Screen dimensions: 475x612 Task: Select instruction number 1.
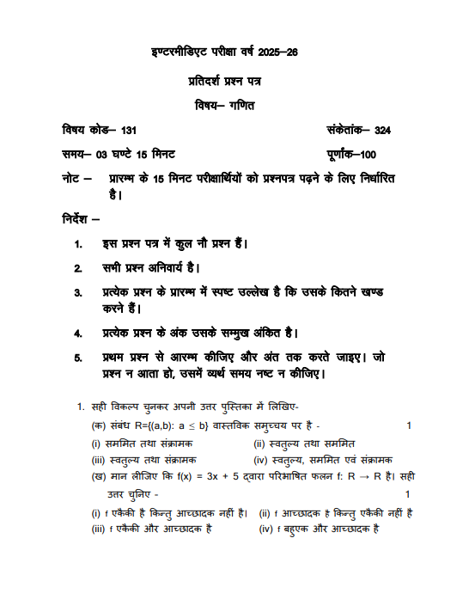click(x=79, y=244)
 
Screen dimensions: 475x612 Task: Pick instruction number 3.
click(x=79, y=292)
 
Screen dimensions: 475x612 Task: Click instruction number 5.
click(x=79, y=357)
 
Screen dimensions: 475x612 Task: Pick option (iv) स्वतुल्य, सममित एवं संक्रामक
click(x=322, y=460)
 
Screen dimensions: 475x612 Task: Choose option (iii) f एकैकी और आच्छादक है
click(x=151, y=529)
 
